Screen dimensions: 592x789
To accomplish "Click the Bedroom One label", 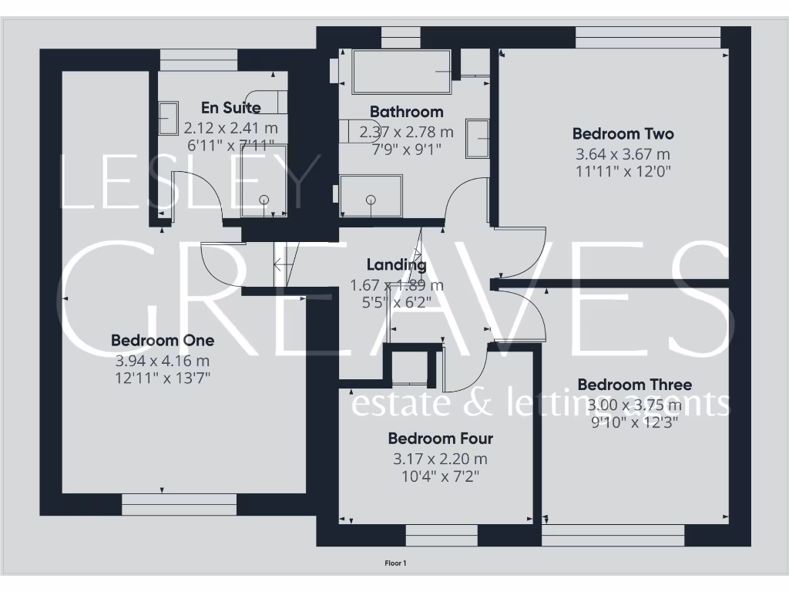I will coord(163,340).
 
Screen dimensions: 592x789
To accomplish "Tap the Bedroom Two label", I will coord(623,133).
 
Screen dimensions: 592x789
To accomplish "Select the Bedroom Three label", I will coord(635,384).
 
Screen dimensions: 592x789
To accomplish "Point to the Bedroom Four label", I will coord(441,439).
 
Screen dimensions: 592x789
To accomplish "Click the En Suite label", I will coord(231,108).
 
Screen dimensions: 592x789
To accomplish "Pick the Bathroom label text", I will coord(407,112).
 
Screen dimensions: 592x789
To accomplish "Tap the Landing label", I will coord(397,265).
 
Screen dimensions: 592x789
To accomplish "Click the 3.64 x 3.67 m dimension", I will coord(623,154).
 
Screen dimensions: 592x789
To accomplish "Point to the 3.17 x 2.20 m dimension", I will coord(441,459).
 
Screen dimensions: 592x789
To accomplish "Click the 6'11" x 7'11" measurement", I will coord(230,144).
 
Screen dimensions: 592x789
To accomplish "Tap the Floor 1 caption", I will coord(395,563).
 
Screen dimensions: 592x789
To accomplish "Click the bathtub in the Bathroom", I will coord(401,72).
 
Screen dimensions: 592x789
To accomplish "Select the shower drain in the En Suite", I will coord(264,200).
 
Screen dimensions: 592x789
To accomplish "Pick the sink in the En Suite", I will coord(168,117).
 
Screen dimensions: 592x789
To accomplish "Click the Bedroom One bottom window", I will coord(179,504).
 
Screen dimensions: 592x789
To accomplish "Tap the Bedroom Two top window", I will coord(648,37).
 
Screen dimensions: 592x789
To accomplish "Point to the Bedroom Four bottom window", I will coord(442,535).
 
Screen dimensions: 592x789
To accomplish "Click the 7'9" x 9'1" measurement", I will coord(407,150).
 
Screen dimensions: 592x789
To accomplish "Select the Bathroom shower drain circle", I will coord(371,200).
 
